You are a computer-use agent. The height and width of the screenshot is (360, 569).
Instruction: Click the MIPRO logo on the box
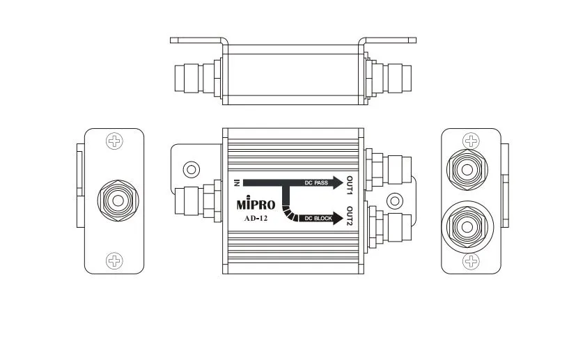coord(256,205)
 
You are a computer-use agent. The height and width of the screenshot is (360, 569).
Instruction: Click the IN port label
coord(237,183)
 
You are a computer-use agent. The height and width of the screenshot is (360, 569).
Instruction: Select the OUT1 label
coord(350,185)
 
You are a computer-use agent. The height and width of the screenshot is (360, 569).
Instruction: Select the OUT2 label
coord(350,217)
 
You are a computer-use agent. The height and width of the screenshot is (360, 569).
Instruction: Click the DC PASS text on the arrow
coord(317,183)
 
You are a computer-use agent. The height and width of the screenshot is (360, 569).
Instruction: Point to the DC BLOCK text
coord(318,218)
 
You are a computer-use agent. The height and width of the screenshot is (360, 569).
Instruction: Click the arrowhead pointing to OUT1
coord(338,183)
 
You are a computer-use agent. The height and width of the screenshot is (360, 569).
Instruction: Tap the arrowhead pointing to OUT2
coord(338,218)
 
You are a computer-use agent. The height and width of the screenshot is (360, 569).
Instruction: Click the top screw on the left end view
coord(114,141)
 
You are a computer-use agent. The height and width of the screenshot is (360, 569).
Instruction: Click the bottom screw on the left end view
coord(114,261)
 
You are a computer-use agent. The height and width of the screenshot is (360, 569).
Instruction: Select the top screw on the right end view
coord(472,141)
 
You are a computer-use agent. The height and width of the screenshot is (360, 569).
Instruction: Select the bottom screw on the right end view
coord(472,261)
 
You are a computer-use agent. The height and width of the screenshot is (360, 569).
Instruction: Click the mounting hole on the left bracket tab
coord(188,169)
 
